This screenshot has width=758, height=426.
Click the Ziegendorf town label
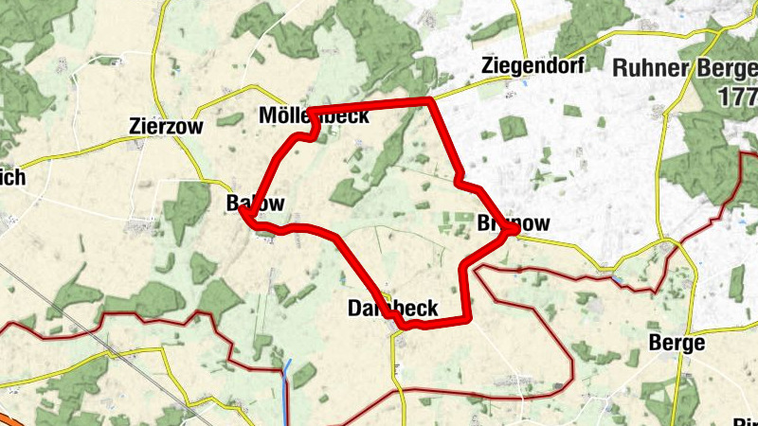[x=533, y=65]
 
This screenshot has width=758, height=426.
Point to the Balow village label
[x=255, y=204]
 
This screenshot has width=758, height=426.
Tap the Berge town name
[x=677, y=343]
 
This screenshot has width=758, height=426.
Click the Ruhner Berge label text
[x=683, y=68]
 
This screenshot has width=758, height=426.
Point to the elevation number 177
[x=736, y=97]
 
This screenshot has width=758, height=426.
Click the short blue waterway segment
[x=286, y=383]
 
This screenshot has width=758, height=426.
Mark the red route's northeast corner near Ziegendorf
[x=431, y=99]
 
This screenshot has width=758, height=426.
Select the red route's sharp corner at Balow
[x=244, y=215]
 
